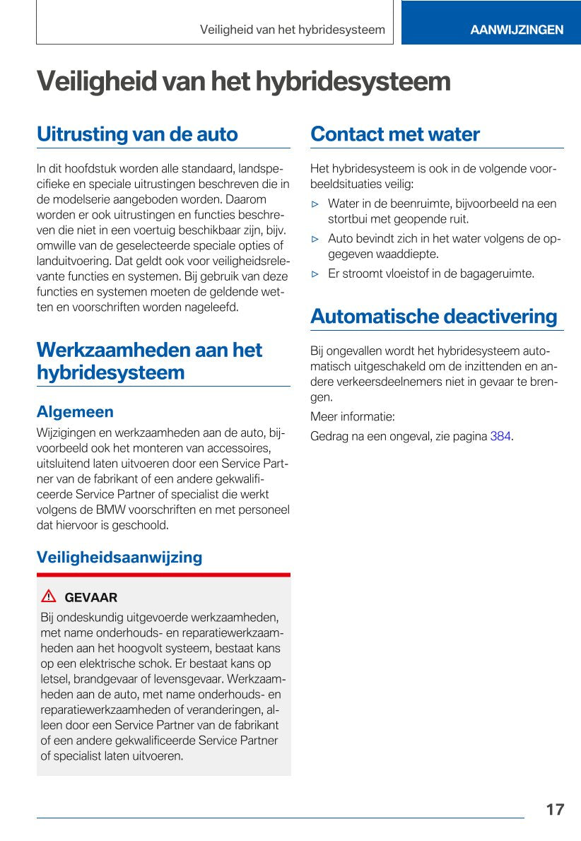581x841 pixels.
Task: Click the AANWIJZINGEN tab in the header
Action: (517, 30)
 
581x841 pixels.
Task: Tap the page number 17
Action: (555, 809)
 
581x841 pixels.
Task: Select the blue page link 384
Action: (500, 436)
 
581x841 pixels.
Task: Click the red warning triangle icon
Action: (49, 596)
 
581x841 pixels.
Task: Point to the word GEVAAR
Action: (90, 597)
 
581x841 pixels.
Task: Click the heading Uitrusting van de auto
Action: (137, 134)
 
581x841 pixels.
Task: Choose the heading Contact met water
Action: (394, 134)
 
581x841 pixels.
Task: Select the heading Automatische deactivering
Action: (433, 316)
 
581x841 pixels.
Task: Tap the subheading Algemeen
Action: (75, 411)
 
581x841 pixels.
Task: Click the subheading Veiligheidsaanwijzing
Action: (119, 557)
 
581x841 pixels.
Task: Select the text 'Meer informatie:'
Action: (352, 416)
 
